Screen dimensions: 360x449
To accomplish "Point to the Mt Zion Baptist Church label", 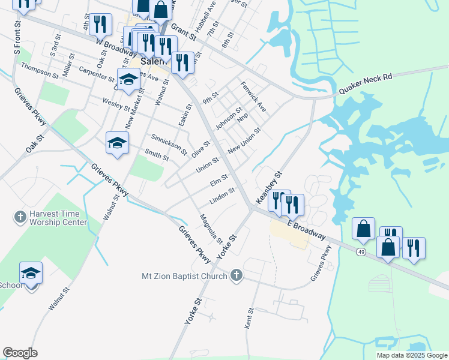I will pyautogui.click(x=184, y=276).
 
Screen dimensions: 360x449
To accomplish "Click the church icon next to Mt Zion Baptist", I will pyautogui.click(x=237, y=275).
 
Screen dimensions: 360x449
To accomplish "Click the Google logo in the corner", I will pyautogui.click(x=20, y=353).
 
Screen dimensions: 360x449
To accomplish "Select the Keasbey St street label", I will pyautogui.click(x=268, y=186).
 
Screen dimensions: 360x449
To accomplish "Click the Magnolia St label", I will pyautogui.click(x=211, y=229).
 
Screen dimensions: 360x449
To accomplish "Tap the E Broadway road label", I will pyautogui.click(x=309, y=229).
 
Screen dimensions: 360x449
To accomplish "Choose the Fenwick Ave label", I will pyautogui.click(x=253, y=98).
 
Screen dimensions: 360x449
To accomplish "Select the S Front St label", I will pyautogui.click(x=17, y=40).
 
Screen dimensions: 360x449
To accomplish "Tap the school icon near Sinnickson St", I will pyautogui.click(x=117, y=143).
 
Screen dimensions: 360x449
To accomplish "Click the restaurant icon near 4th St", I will pyautogui.click(x=100, y=25).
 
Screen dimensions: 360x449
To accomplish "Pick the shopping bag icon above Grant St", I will pyautogui.click(x=161, y=10).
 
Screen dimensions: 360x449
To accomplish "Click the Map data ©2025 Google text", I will pyautogui.click(x=411, y=355).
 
